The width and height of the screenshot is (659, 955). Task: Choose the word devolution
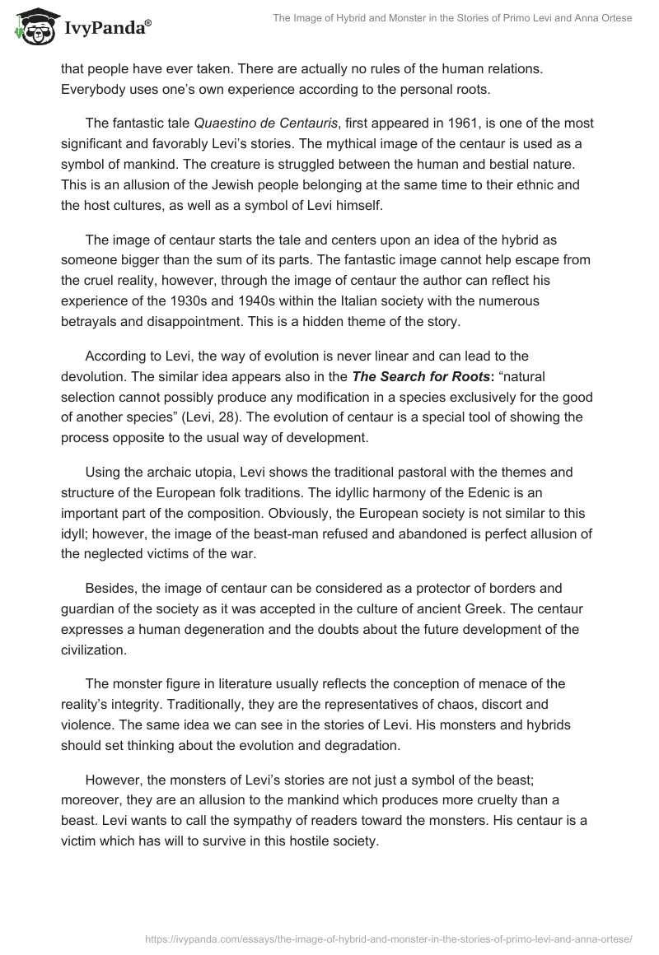[101, 378]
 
